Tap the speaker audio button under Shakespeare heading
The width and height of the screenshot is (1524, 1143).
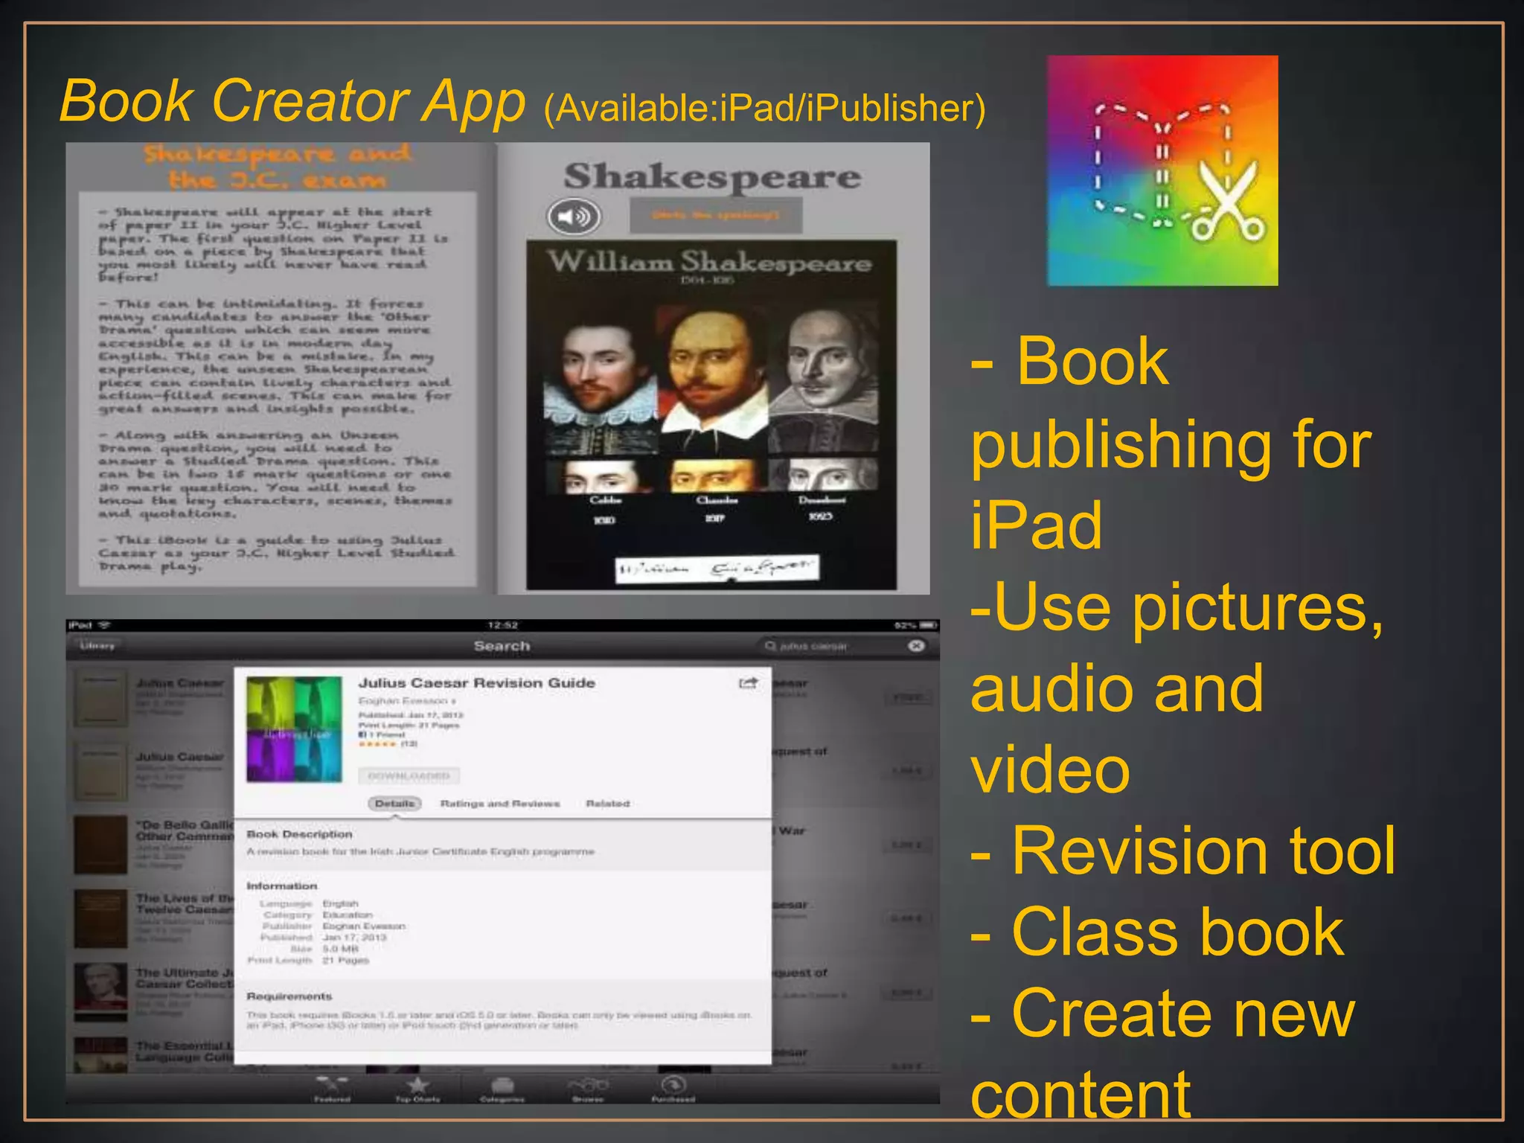574,217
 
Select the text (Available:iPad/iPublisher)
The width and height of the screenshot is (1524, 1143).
764,109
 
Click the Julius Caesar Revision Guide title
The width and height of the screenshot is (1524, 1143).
476,683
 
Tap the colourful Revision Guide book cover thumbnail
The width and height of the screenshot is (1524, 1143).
294,729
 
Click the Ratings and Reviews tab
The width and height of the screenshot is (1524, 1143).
499,804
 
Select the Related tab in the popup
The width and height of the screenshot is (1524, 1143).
607,804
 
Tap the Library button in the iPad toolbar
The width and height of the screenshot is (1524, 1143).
97,646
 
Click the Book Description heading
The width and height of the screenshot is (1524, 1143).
299,834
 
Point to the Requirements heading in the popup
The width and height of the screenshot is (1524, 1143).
289,996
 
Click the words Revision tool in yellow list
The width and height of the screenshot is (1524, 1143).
1203,851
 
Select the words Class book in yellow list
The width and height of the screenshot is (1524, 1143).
1177,932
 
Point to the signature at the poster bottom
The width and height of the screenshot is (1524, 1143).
717,569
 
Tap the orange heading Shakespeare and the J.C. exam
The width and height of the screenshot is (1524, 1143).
277,167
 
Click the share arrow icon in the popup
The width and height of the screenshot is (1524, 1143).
747,683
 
